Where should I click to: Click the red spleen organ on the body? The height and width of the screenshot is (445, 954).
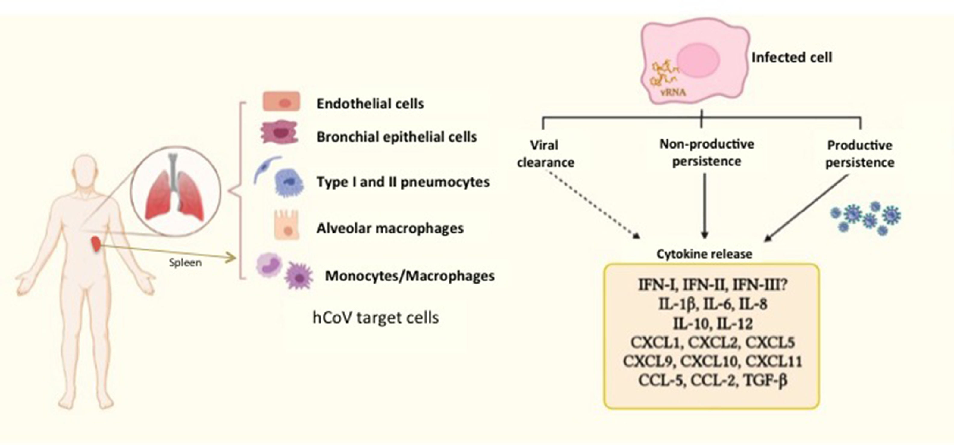point(96,245)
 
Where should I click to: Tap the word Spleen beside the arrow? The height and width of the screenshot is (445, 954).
point(186,263)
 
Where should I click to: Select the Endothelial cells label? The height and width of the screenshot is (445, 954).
point(370,104)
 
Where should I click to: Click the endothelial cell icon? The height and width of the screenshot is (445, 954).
point(281,102)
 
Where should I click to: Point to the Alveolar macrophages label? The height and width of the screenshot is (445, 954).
point(390,228)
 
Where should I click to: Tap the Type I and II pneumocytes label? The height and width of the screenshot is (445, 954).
point(403,182)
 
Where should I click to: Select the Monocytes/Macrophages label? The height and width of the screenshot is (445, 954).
point(410,276)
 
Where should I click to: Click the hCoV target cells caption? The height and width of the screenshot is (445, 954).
point(376,318)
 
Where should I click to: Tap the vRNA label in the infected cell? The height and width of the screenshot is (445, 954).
point(673,92)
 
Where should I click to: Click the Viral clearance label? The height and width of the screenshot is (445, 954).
point(546,153)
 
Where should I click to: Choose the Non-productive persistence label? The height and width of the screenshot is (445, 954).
point(707,153)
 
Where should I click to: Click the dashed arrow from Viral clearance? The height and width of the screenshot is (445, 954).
point(594,206)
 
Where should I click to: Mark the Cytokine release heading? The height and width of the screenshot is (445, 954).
point(704,254)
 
